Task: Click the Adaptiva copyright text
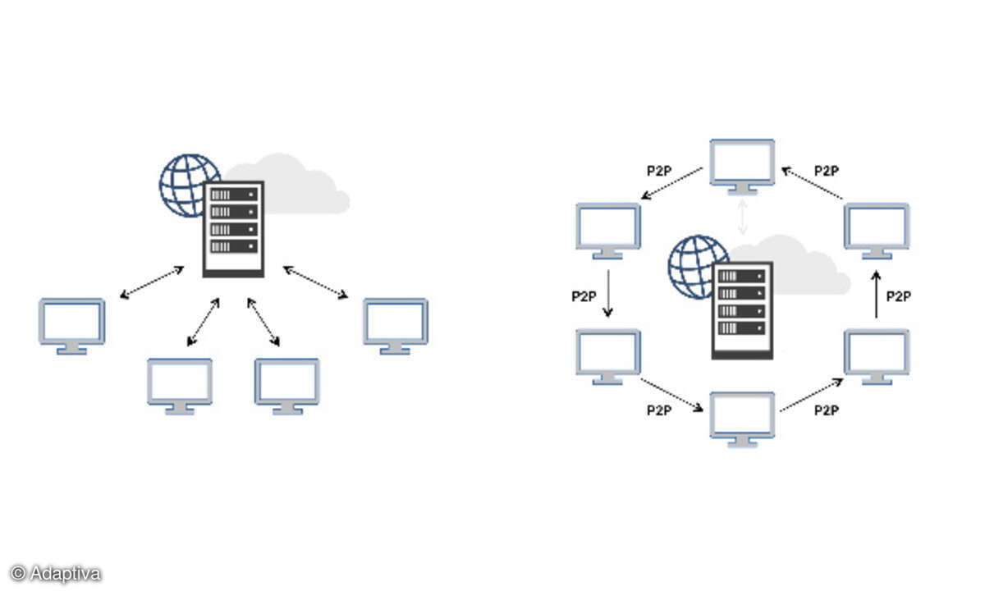56,573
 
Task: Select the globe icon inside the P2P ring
696,264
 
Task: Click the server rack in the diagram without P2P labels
234,228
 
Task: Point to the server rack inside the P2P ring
743,309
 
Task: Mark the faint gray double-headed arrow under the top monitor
743,217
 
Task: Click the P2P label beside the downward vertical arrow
584,296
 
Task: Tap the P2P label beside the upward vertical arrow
899,296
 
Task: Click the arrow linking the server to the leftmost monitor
152,282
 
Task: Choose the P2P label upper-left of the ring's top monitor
659,171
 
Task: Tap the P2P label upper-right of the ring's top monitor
827,171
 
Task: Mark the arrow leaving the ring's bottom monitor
811,395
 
